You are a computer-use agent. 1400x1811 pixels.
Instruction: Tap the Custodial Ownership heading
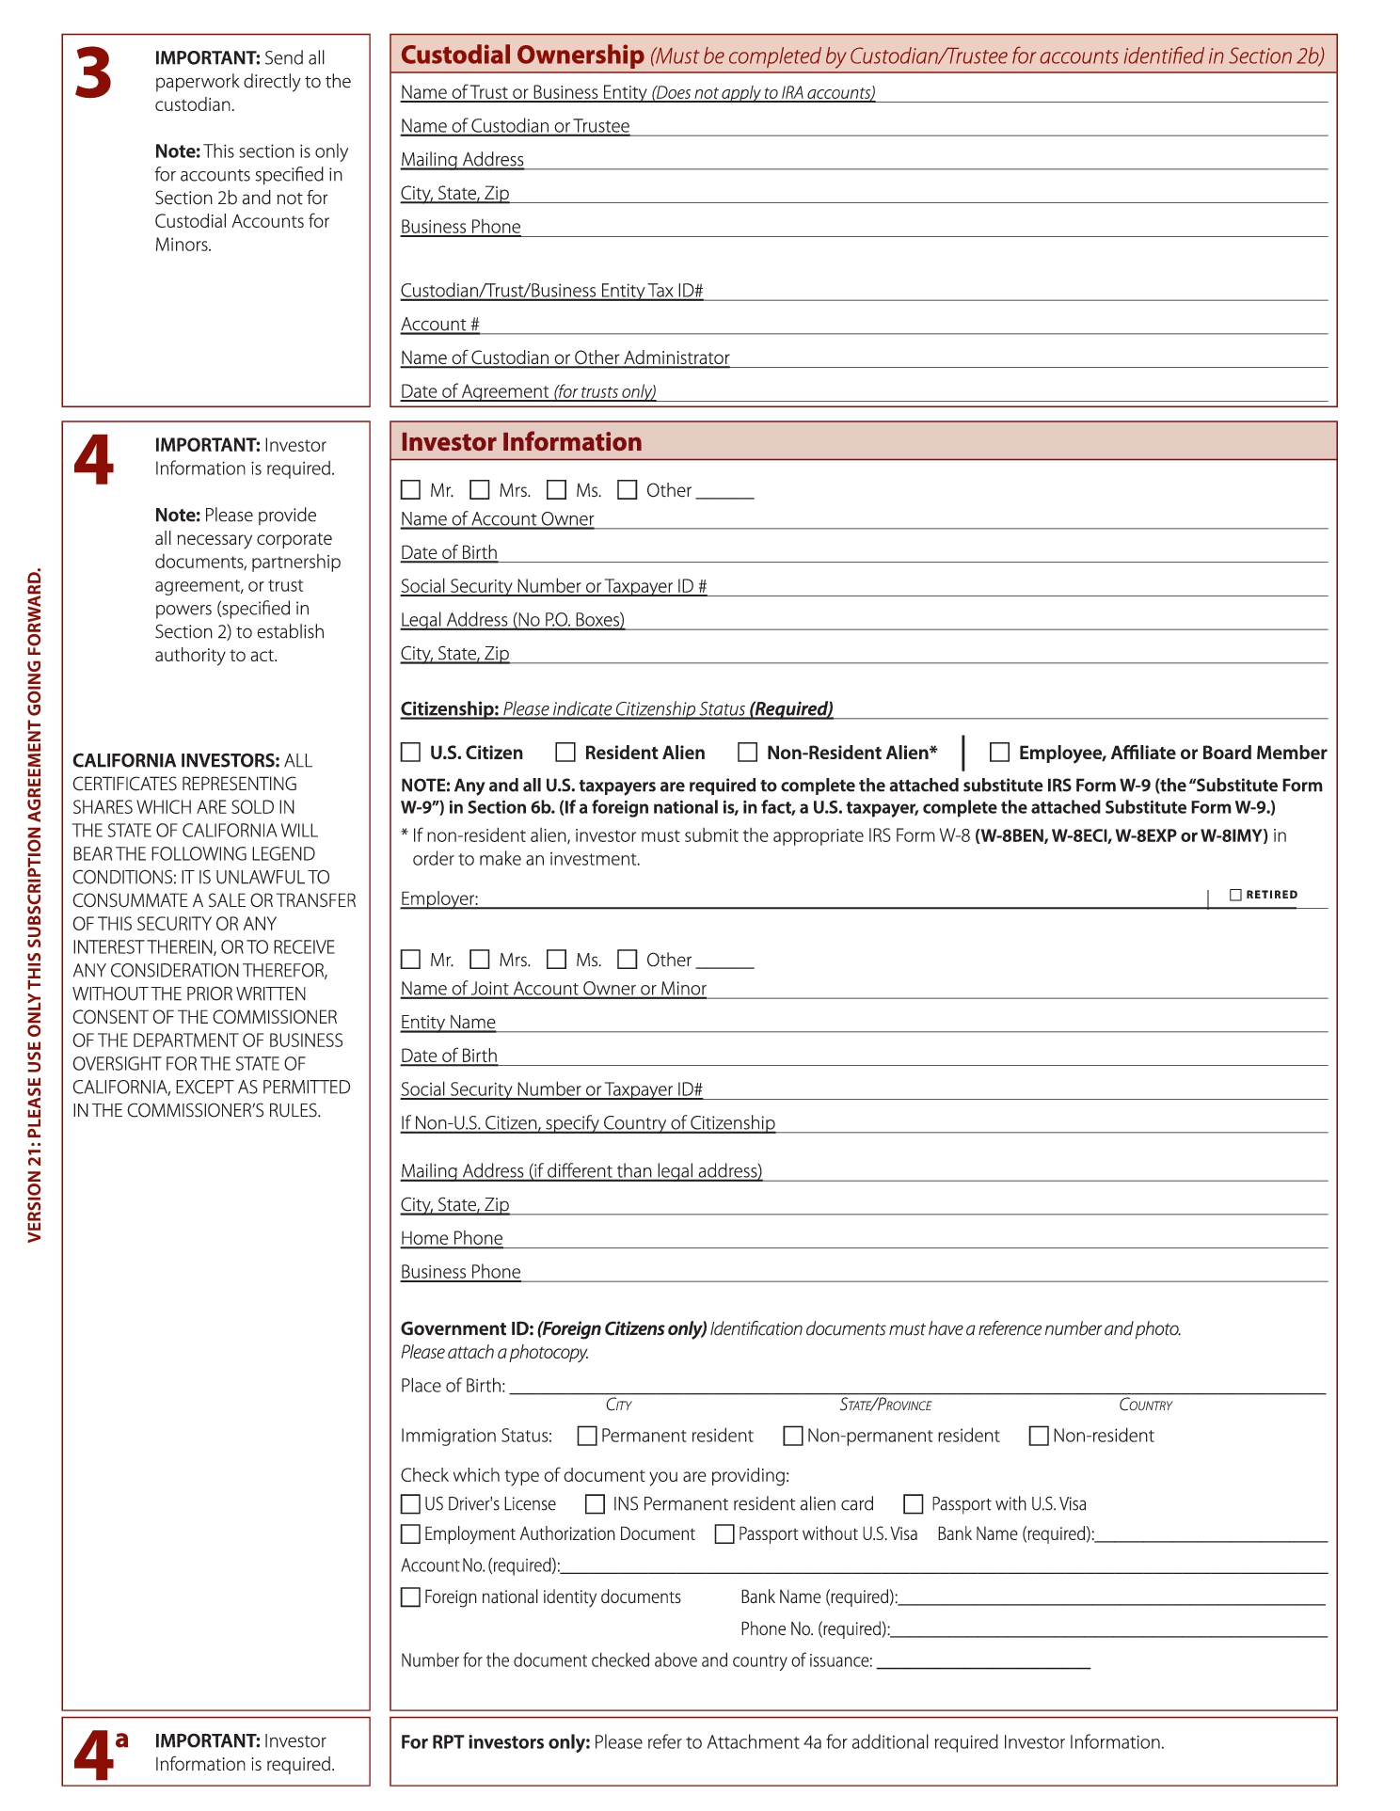(x=522, y=56)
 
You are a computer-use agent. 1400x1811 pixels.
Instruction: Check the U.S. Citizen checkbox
(x=410, y=753)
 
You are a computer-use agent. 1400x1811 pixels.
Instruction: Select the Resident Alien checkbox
(x=565, y=753)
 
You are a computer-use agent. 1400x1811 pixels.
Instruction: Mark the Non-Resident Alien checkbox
(x=748, y=753)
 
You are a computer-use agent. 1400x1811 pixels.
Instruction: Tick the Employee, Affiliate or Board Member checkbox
(x=1000, y=753)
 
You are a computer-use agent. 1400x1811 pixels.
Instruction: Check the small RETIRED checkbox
(x=1236, y=895)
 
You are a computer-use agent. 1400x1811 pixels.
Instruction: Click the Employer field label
(x=439, y=898)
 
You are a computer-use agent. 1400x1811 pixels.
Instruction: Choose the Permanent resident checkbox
(x=587, y=1436)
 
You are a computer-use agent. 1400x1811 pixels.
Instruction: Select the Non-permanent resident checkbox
(x=793, y=1436)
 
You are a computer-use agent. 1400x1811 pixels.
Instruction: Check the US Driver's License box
(x=410, y=1504)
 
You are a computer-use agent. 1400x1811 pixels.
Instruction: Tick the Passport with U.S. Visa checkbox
(x=914, y=1504)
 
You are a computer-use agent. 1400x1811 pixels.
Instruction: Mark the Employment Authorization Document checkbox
(x=410, y=1534)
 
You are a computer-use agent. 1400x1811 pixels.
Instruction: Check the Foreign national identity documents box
(x=410, y=1597)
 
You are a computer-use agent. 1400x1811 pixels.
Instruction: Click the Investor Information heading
(x=521, y=442)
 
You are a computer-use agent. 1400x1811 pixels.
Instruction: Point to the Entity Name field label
(x=448, y=1023)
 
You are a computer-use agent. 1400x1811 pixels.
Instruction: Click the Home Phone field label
(x=452, y=1239)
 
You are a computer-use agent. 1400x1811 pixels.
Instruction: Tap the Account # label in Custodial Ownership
(x=439, y=325)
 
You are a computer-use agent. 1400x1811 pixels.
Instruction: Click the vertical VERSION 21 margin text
(x=35, y=904)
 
